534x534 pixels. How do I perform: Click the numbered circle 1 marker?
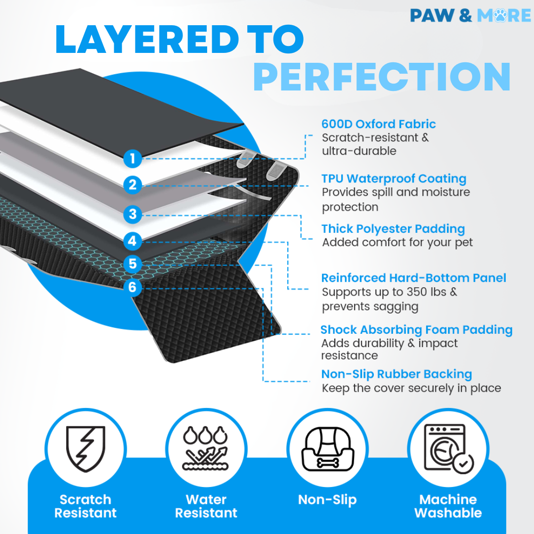[x=133, y=158]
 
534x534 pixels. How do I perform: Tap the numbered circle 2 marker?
[x=133, y=185]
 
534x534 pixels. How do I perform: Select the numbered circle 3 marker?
[x=133, y=214]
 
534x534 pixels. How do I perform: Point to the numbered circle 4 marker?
[x=133, y=241]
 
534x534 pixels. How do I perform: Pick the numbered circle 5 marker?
[x=133, y=264]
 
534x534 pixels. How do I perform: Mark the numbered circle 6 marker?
[x=133, y=287]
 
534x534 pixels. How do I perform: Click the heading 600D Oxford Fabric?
[x=378, y=124]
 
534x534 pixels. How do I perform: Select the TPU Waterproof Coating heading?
[x=394, y=178]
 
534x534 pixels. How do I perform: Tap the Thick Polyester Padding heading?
[x=393, y=229]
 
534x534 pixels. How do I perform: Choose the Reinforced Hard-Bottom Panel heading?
[x=414, y=278]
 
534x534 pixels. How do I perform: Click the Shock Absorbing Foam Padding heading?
[x=416, y=330]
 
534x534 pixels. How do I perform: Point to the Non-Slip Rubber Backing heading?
[x=397, y=374]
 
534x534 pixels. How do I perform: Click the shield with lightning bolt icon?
[x=86, y=448]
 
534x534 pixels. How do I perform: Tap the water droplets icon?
[x=205, y=448]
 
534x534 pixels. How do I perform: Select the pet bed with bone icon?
[x=328, y=449]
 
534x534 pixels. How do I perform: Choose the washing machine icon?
[x=448, y=448]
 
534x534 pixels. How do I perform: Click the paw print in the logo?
[x=500, y=15]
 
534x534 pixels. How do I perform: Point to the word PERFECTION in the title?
[x=382, y=77]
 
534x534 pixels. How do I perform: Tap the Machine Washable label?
[x=448, y=506]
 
